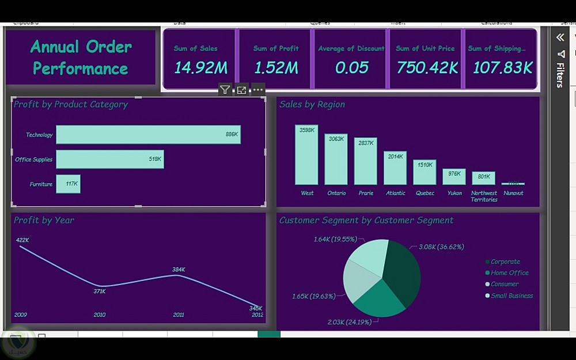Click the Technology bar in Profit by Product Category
pos(148,135)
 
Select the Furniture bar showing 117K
pos(68,184)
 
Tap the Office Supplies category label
pos(33,160)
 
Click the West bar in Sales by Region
pos(306,154)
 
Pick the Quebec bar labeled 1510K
pos(425,172)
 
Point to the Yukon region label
pos(454,193)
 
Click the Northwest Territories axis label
pos(484,196)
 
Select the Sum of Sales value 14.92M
pos(200,67)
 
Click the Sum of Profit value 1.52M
pos(276,67)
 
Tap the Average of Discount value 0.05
pos(351,67)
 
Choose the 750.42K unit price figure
pos(427,67)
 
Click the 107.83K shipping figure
pos(502,67)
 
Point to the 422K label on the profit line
pos(22,240)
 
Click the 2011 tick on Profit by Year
pos(179,314)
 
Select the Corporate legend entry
pos(505,262)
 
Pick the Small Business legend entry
pos(511,295)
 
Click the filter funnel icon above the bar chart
pos(225,90)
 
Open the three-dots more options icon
pos(258,90)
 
